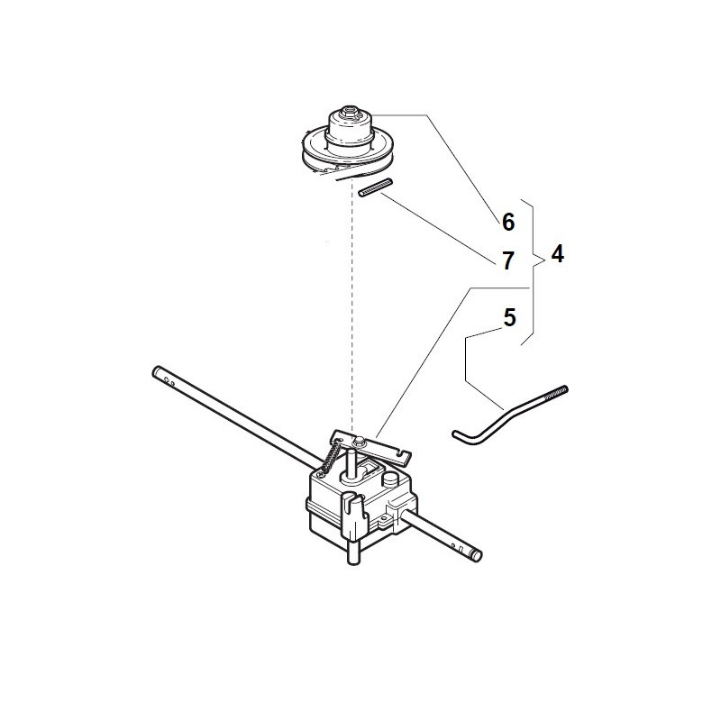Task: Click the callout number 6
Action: [x=507, y=221]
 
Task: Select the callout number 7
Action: [x=507, y=261]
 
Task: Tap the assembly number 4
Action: [x=557, y=254]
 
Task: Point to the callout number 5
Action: [x=509, y=317]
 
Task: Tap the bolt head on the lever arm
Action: [x=360, y=439]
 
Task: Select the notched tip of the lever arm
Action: [x=399, y=448]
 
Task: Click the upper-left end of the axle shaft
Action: [x=160, y=370]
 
